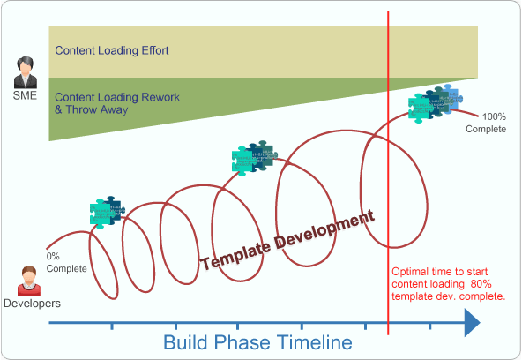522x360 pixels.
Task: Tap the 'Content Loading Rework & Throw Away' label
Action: [103, 104]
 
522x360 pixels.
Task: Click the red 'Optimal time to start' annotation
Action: [447, 284]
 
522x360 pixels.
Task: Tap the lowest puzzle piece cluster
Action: [108, 211]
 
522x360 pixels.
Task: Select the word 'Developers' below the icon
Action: [32, 304]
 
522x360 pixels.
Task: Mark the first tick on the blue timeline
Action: [112, 327]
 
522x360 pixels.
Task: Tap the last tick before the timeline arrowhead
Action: [429, 327]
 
